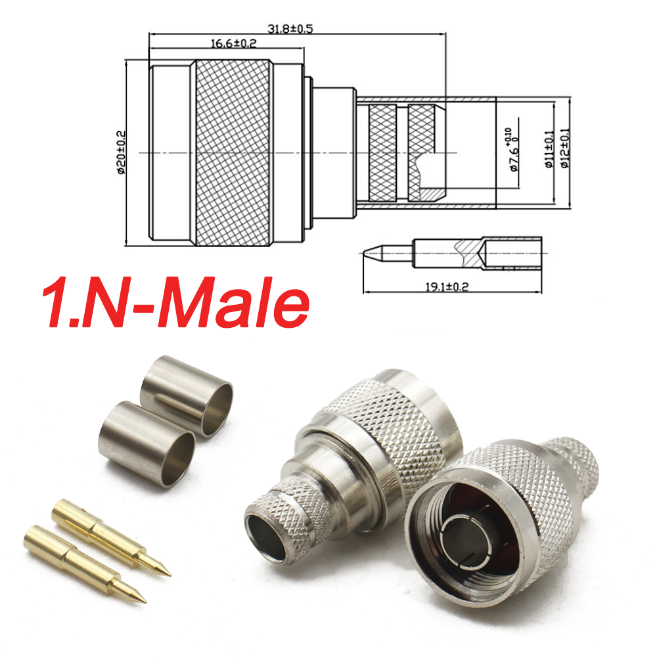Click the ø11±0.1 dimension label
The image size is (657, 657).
(x=549, y=150)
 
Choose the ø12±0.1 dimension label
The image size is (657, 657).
(x=564, y=150)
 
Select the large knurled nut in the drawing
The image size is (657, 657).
(x=231, y=153)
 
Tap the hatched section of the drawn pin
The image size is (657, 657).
(x=469, y=252)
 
